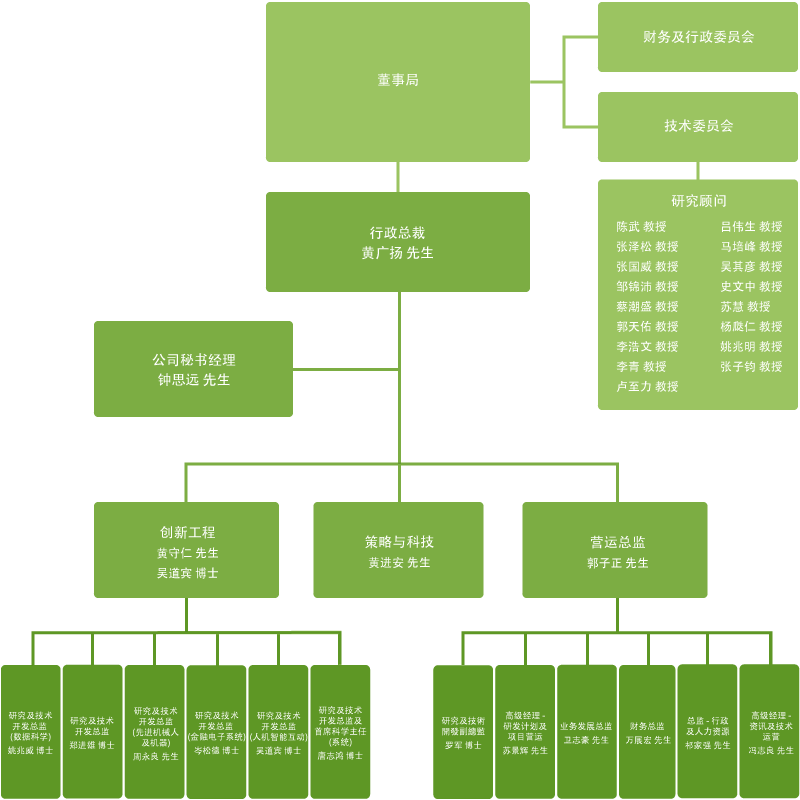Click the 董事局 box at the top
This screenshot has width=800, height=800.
[397, 81]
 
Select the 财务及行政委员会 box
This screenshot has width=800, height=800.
[697, 37]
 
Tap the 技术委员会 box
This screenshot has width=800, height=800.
[697, 126]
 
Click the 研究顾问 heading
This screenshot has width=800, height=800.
[698, 201]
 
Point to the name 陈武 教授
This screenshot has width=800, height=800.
[641, 227]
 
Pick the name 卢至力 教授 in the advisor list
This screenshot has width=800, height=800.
[647, 387]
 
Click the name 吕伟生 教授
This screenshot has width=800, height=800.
[751, 227]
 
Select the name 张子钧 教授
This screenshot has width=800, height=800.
[751, 367]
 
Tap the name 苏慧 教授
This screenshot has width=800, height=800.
[745, 307]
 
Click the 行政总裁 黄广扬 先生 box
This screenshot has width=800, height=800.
[397, 243]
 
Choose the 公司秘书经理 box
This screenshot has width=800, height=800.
[193, 369]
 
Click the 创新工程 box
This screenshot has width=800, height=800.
[186, 550]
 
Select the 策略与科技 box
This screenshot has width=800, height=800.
[398, 550]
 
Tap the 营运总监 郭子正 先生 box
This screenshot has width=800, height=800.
[615, 550]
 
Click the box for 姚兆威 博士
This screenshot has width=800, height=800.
[30, 731]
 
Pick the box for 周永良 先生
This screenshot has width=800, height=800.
[154, 731]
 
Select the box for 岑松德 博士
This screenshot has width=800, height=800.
[216, 731]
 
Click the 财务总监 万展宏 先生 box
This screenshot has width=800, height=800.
[647, 731]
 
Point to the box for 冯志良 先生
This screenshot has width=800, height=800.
[770, 731]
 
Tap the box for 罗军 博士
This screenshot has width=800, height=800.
[462, 731]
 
